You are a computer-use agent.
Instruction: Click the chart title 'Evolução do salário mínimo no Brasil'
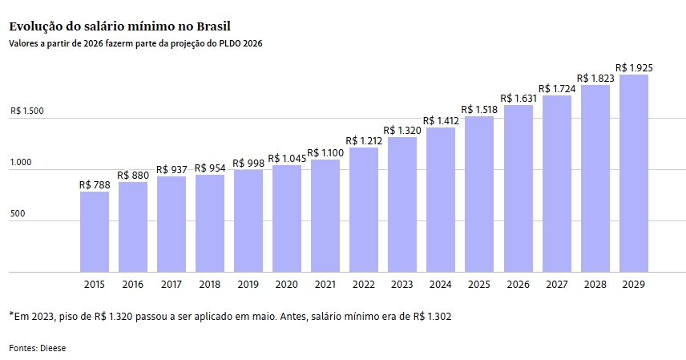coord(119,26)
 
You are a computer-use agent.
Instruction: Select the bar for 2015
coord(95,232)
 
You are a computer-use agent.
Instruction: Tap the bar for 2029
coord(633,173)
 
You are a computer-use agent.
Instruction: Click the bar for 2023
coord(402,204)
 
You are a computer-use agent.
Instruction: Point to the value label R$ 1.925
coord(633,67)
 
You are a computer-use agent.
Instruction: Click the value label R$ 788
coord(95,184)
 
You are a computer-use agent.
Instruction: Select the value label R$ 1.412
coord(441,120)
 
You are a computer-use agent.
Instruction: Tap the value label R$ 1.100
coord(325,152)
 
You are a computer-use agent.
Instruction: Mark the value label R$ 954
coord(210,168)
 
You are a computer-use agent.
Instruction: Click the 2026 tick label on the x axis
coord(518,284)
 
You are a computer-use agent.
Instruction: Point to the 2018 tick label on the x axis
coord(210,284)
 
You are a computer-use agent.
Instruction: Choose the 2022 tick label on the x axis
coord(364,284)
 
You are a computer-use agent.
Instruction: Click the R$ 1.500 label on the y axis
coord(27,111)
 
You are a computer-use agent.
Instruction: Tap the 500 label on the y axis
coord(17,214)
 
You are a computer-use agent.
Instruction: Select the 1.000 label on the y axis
coord(21,163)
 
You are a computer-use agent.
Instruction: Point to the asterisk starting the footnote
coord(12,315)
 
